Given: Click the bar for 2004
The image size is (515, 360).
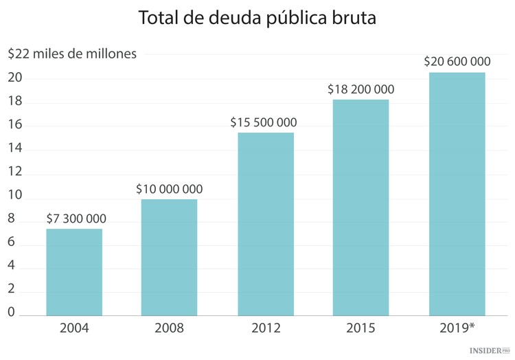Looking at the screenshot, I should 74,272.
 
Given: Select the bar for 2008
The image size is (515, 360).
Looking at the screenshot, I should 170,258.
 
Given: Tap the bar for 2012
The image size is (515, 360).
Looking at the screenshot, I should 265,224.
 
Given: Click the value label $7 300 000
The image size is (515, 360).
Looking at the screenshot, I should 76,218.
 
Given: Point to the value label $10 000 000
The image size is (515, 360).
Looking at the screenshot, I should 170,189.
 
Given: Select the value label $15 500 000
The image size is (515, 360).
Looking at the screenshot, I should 264,122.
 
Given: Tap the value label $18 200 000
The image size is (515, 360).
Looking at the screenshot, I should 361,89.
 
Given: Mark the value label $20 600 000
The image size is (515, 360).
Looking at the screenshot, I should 457,61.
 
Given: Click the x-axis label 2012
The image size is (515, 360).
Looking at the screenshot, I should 266,328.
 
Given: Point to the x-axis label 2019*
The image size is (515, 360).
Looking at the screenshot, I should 457,328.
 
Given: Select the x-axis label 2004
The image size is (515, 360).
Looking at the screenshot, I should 74,328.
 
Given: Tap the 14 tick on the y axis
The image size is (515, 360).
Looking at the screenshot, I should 16,149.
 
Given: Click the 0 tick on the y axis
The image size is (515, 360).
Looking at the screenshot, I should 12,313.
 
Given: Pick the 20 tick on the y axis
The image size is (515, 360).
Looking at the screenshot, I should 16,78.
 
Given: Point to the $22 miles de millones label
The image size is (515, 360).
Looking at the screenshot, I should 73,53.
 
